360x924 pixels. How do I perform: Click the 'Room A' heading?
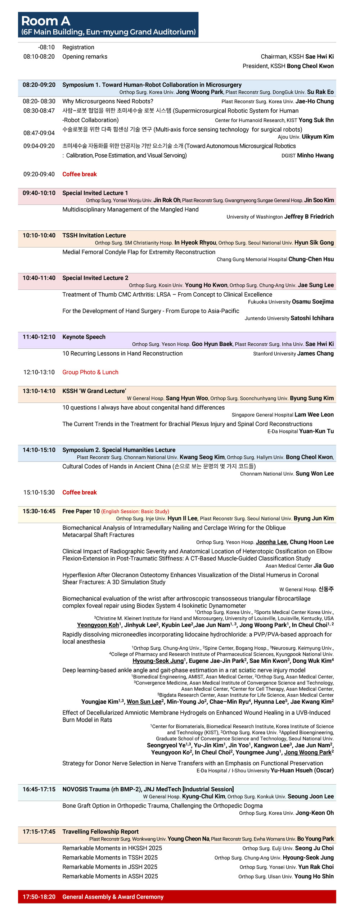click(46, 21)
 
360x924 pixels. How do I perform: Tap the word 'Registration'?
click(78, 47)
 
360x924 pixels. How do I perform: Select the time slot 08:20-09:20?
click(39, 85)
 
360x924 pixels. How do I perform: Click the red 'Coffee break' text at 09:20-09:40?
click(80, 174)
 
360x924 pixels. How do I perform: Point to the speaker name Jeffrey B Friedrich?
click(309, 217)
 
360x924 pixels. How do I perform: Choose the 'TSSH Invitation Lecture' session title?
click(94, 235)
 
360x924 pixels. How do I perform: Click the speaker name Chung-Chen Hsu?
click(311, 259)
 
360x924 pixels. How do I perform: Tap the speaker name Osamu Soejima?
click(312, 302)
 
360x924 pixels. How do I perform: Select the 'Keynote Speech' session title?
click(84, 337)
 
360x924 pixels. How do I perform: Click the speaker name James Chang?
click(315, 353)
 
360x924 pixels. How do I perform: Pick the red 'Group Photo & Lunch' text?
click(90, 372)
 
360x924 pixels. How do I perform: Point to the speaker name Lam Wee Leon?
click(314, 415)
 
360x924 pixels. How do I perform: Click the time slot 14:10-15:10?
click(39, 450)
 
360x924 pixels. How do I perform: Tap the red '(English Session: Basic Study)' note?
click(135, 511)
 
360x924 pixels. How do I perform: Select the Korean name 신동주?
click(326, 589)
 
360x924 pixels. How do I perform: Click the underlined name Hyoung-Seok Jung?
click(158, 661)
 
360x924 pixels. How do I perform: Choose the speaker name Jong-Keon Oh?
click(315, 813)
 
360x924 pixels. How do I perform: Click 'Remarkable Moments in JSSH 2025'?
click(110, 867)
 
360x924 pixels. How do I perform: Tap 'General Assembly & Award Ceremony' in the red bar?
click(113, 897)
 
